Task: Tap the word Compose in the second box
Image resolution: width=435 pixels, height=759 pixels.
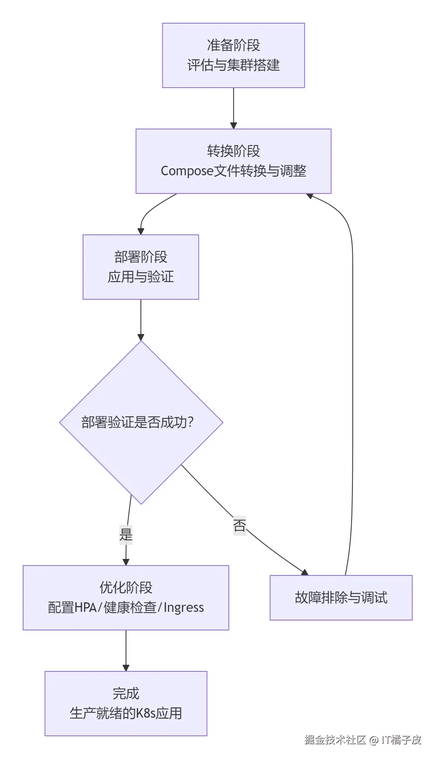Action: coord(187,171)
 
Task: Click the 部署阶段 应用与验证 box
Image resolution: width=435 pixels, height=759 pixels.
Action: coord(141,267)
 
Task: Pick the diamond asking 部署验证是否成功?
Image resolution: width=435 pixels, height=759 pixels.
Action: coord(141,422)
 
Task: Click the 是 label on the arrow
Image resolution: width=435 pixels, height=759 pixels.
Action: coord(126,535)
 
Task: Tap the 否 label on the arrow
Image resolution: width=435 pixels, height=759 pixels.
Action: coord(240,525)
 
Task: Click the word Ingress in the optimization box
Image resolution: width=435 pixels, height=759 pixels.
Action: coord(184,607)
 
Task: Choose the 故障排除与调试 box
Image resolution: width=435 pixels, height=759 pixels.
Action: coord(341,598)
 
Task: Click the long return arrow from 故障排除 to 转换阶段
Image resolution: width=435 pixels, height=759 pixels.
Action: coord(353,372)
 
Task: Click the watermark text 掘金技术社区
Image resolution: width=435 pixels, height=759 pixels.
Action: coord(335,740)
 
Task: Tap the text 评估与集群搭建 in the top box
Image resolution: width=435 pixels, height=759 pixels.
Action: coord(233,65)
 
